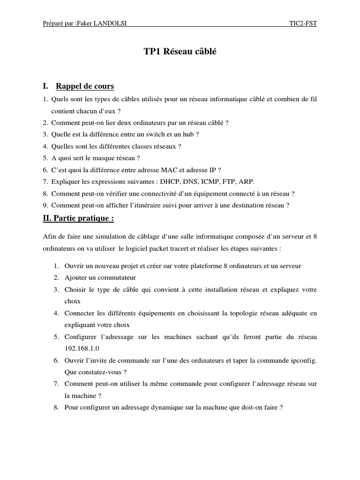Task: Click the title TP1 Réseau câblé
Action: [180, 52]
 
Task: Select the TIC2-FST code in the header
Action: [303, 24]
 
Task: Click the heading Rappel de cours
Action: [85, 86]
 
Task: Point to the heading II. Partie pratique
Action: [78, 218]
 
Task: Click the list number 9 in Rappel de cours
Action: [45, 205]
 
